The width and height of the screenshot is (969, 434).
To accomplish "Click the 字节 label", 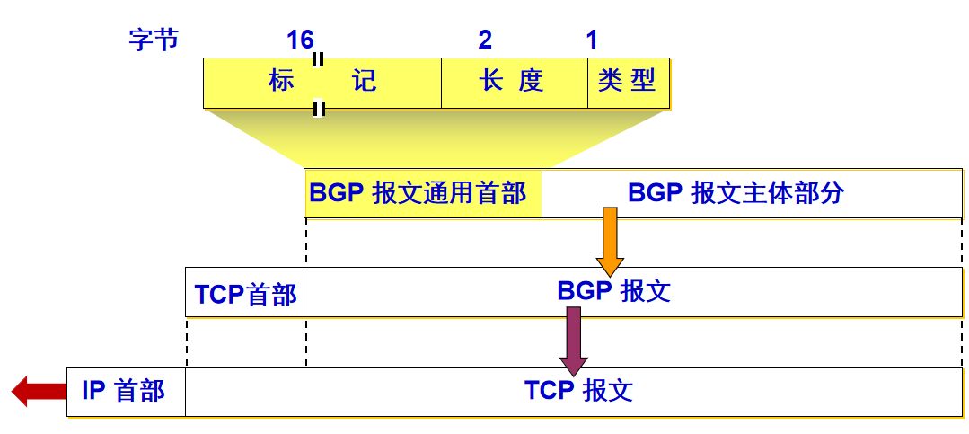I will [x=154, y=40].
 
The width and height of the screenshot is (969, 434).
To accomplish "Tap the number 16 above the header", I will [x=300, y=40].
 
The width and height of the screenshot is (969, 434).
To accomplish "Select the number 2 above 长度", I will [x=485, y=40].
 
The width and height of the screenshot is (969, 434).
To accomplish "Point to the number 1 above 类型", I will [x=592, y=40].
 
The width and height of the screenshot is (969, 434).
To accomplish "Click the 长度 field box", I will [x=514, y=83].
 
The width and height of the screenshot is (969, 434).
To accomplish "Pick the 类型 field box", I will [x=628, y=83].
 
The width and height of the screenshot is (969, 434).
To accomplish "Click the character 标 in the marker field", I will [x=281, y=82].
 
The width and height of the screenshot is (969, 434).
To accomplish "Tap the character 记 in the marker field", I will [x=365, y=82].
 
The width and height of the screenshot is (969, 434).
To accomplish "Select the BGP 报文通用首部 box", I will [x=422, y=193].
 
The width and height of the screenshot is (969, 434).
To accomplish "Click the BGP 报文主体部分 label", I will [x=736, y=193].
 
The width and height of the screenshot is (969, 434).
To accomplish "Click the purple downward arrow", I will [x=573, y=340].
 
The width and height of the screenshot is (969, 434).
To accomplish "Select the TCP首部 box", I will [x=245, y=293].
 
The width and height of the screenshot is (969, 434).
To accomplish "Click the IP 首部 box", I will [x=126, y=391].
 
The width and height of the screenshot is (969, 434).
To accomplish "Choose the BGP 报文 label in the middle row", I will [x=613, y=292].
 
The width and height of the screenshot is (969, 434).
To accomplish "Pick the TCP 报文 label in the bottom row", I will [x=579, y=391].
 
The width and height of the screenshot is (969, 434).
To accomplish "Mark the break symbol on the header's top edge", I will [x=318, y=59].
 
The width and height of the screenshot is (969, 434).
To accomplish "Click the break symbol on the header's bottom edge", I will [x=318, y=109].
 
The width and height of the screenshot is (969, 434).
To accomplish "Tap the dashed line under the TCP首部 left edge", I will [x=187, y=341].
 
